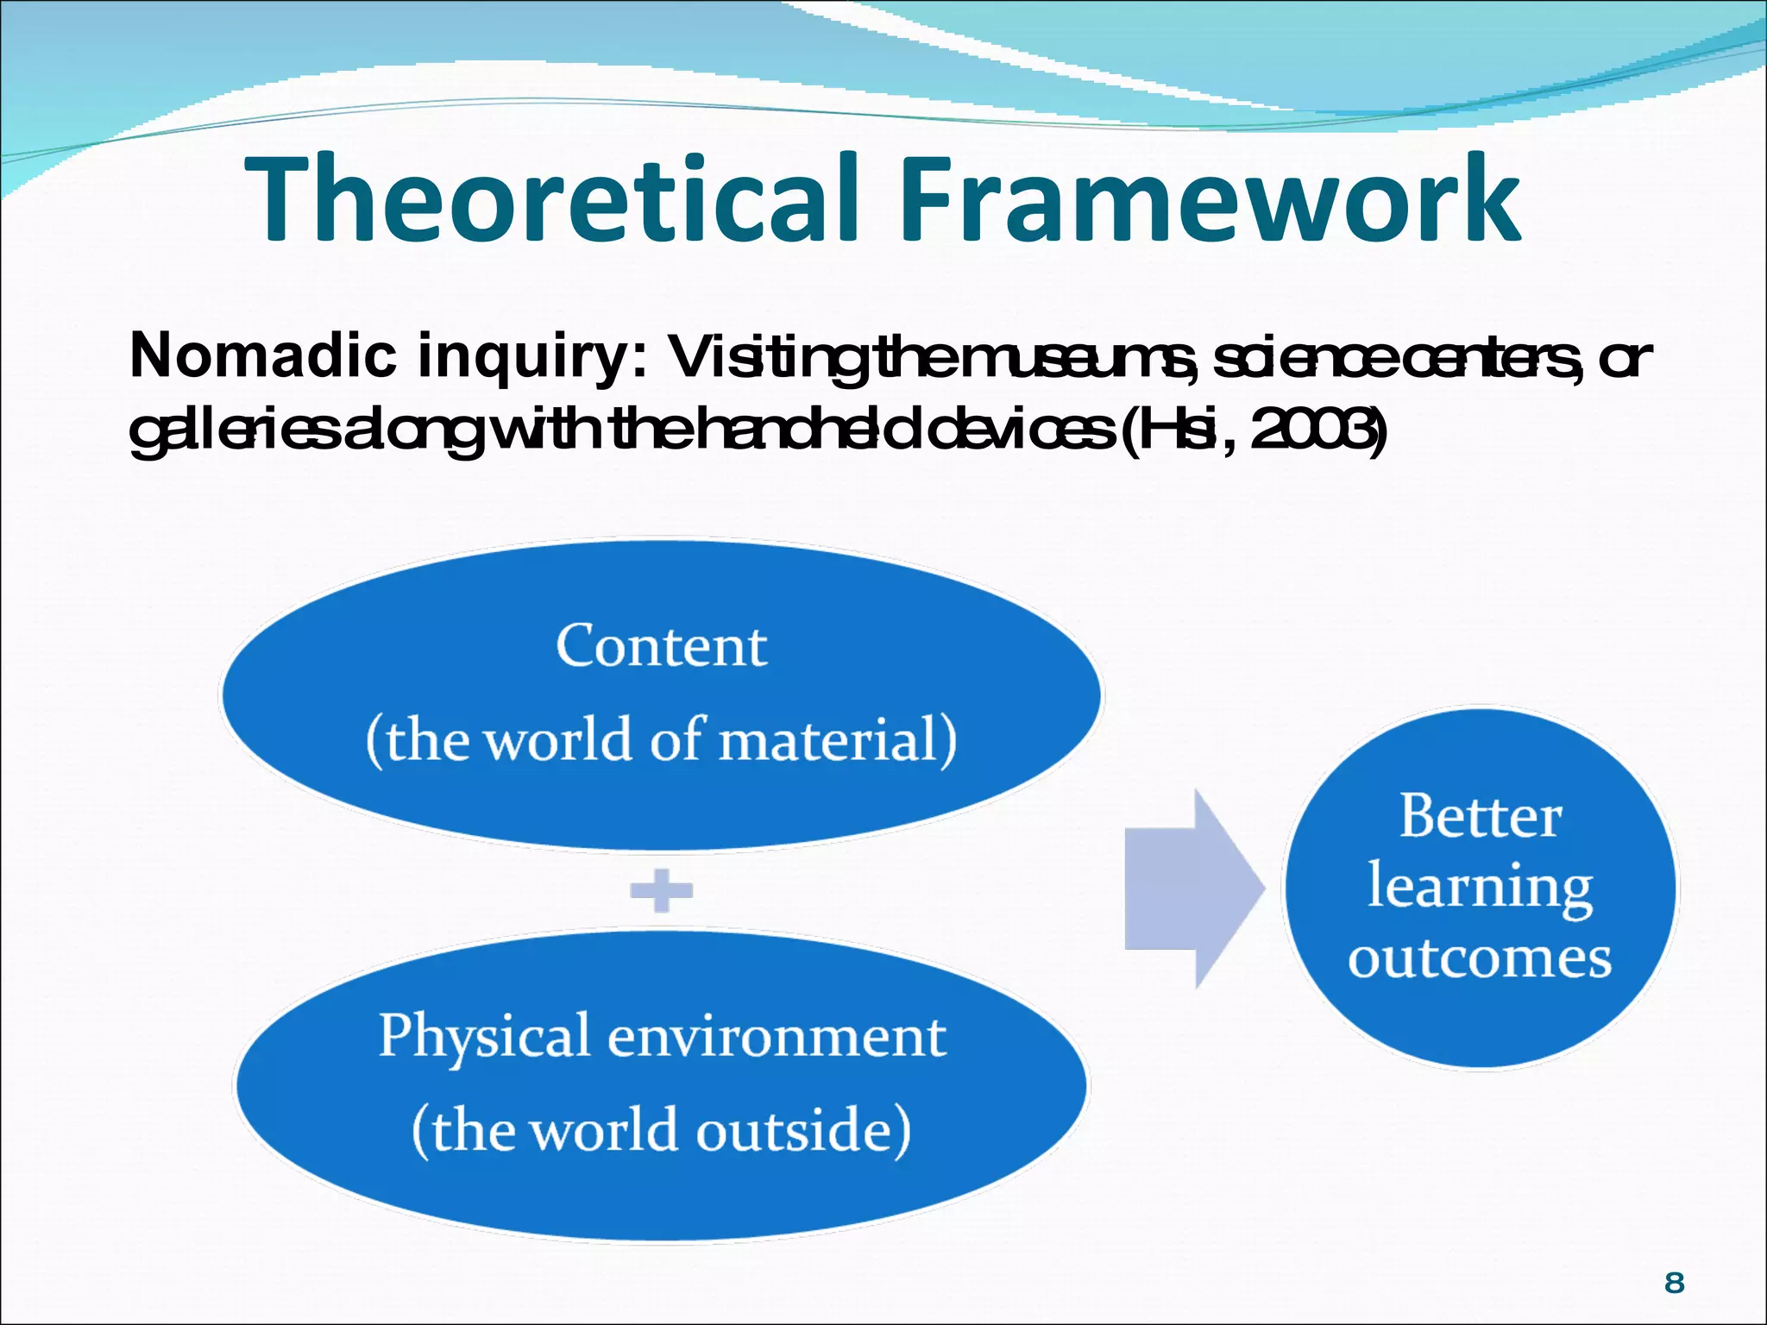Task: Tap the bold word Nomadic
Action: click(x=263, y=355)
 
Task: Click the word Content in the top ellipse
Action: click(x=661, y=646)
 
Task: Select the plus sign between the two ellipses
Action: click(x=661, y=890)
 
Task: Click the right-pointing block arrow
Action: click(x=1191, y=889)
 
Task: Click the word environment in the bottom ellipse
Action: click(x=777, y=1037)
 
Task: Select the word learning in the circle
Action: click(x=1480, y=889)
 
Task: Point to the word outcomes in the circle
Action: click(x=1480, y=958)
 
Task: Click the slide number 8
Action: click(x=1674, y=1283)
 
